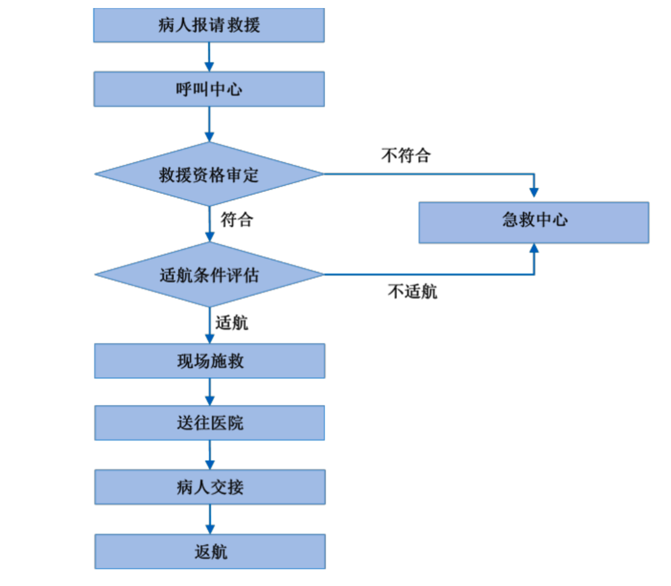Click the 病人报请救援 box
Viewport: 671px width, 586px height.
click(209, 25)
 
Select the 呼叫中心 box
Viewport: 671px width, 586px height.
click(209, 89)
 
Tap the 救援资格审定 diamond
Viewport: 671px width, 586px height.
click(209, 175)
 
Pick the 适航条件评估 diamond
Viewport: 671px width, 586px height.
click(209, 275)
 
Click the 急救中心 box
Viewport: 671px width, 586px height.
click(534, 222)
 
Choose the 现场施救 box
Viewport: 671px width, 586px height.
click(209, 361)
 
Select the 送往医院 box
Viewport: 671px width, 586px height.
click(209, 423)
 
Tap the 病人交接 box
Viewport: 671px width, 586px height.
click(209, 487)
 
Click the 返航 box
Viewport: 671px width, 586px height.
click(209, 551)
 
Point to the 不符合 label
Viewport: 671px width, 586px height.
click(405, 155)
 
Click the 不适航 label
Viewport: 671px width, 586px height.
click(412, 291)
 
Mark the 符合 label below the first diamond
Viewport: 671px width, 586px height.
click(237, 219)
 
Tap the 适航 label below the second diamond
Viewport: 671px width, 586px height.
click(232, 323)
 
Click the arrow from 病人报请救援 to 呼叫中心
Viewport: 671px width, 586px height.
click(209, 57)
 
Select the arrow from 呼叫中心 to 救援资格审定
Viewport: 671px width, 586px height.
click(209, 124)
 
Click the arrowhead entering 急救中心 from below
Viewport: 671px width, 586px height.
click(534, 250)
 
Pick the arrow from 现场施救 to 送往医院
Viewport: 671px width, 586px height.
click(209, 392)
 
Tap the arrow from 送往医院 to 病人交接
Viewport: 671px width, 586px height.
click(209, 455)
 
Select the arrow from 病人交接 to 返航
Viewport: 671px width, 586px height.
click(209, 519)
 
